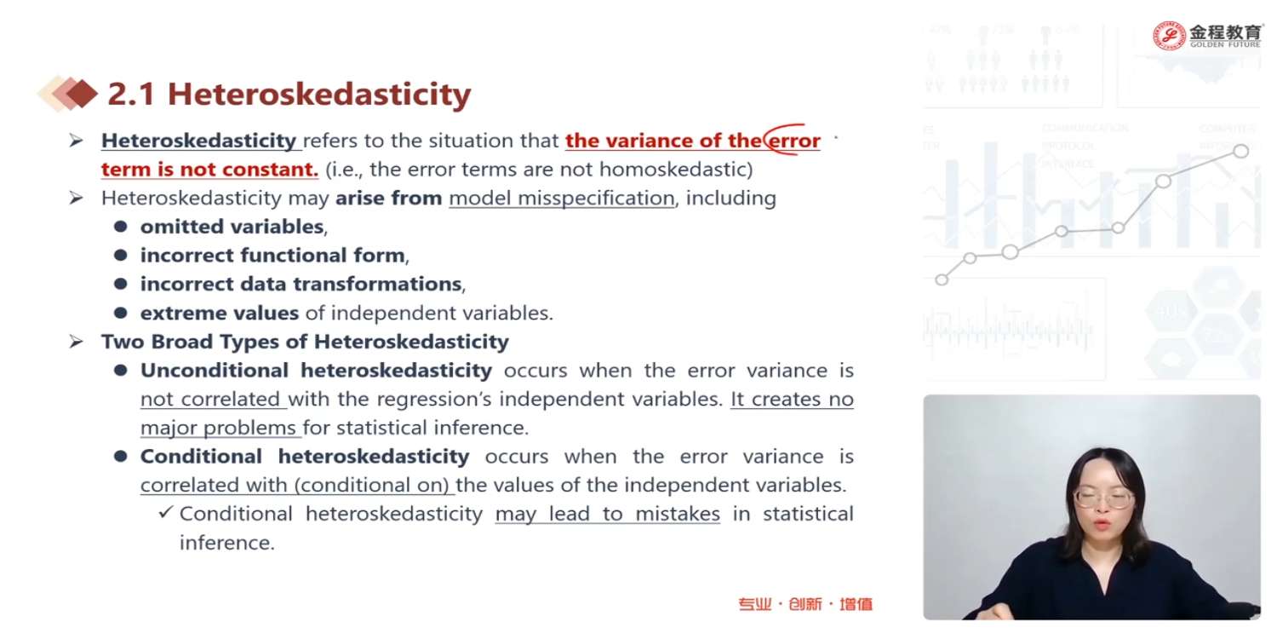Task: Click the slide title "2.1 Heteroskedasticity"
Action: [x=289, y=94]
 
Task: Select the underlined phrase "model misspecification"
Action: [x=562, y=199]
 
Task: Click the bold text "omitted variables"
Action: [x=232, y=227]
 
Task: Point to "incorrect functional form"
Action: [x=272, y=255]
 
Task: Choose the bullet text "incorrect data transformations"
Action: [x=301, y=284]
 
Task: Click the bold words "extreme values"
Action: [x=220, y=313]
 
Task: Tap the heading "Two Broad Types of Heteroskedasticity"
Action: [x=305, y=342]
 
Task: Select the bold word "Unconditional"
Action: [x=215, y=371]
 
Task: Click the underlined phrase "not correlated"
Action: [x=210, y=399]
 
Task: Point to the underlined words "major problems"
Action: [x=218, y=428]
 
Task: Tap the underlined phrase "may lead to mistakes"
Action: [x=608, y=514]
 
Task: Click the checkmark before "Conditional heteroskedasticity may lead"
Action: [x=165, y=512]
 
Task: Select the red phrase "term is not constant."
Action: [x=209, y=170]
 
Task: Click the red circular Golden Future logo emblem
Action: [x=1169, y=36]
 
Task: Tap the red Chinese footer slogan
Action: [x=805, y=603]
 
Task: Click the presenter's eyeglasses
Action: [x=1103, y=498]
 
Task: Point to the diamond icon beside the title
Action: [x=68, y=94]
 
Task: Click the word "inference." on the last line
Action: [x=227, y=543]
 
